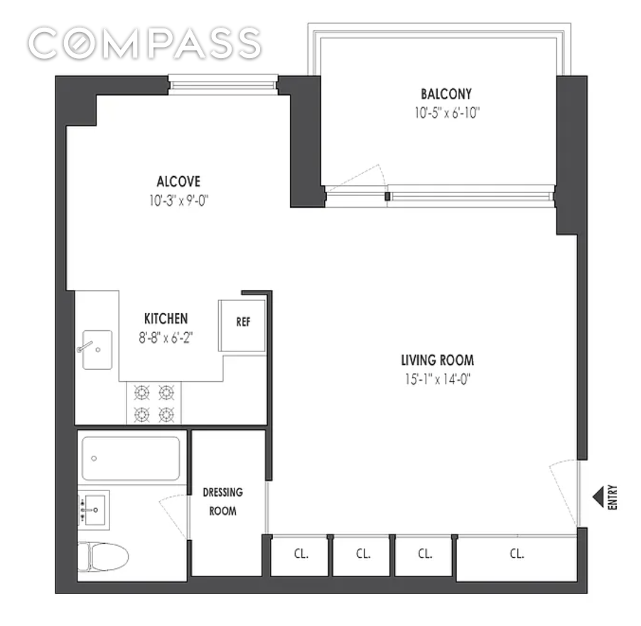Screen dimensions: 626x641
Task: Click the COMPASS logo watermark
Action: click(145, 43)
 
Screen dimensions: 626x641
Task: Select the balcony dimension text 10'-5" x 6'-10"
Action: click(446, 112)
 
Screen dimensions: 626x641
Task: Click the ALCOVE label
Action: click(178, 181)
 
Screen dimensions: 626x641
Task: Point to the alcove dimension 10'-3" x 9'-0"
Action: click(178, 201)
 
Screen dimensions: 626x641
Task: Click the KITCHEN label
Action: click(166, 319)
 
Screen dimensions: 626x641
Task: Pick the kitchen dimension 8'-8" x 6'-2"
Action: click(166, 338)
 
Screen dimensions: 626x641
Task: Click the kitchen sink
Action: click(97, 349)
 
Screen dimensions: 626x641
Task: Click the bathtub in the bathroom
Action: click(131, 458)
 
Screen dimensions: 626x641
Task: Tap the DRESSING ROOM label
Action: click(222, 501)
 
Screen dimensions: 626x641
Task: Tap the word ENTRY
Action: click(613, 496)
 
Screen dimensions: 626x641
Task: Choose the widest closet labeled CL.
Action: click(516, 554)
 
